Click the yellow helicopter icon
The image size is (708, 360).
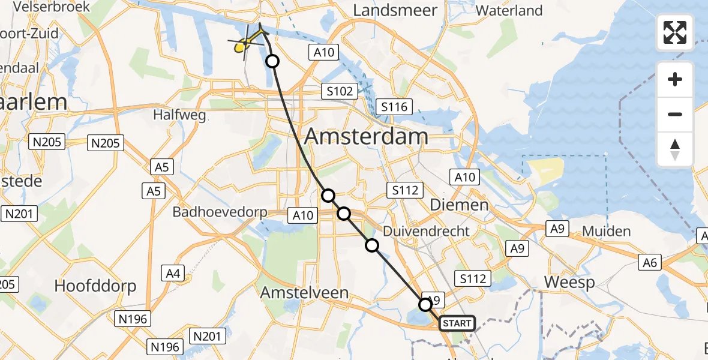coord(245,44)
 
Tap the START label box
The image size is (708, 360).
coord(457,323)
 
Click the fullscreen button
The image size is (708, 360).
coord(675,32)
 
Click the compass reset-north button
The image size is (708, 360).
coord(675,149)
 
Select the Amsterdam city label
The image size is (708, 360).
coord(366,136)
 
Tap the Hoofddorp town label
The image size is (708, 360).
coord(95,286)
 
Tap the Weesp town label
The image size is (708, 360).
coord(569,282)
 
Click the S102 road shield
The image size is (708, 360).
coord(339,91)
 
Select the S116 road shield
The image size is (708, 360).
coord(394,107)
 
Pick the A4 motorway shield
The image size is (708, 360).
coord(173,273)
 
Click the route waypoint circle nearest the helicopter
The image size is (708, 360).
coord(272,61)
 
